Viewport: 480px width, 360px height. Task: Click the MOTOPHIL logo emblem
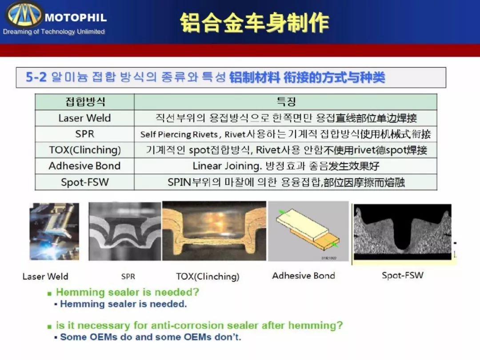tap(24, 14)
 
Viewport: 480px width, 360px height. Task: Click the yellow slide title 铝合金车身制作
tap(254, 23)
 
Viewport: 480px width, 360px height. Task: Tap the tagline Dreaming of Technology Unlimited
tap(54, 32)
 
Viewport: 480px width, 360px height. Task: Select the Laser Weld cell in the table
tap(84, 118)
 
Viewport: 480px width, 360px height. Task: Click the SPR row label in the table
tap(85, 134)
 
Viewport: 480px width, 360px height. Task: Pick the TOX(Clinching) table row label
tap(85, 150)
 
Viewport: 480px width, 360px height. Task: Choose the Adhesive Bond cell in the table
tap(84, 166)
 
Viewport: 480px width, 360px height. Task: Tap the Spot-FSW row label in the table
tap(85, 182)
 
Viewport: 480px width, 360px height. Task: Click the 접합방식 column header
tap(85, 102)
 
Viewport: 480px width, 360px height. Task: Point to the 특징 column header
tap(286, 101)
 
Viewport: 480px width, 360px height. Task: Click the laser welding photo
tap(54, 232)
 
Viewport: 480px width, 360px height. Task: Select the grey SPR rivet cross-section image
tap(124, 231)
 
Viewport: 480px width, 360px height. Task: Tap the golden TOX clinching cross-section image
tap(214, 231)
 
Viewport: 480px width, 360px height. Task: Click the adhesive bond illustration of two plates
tap(308, 231)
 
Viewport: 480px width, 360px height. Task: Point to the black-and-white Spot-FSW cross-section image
tap(403, 232)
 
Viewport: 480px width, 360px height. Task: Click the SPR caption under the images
tap(128, 276)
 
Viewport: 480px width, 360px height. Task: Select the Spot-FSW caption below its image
tap(403, 275)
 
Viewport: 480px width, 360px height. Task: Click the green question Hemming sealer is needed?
tap(128, 292)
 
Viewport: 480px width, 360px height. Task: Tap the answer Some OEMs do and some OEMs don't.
tap(151, 337)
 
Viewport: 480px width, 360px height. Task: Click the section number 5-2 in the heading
tap(36, 77)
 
